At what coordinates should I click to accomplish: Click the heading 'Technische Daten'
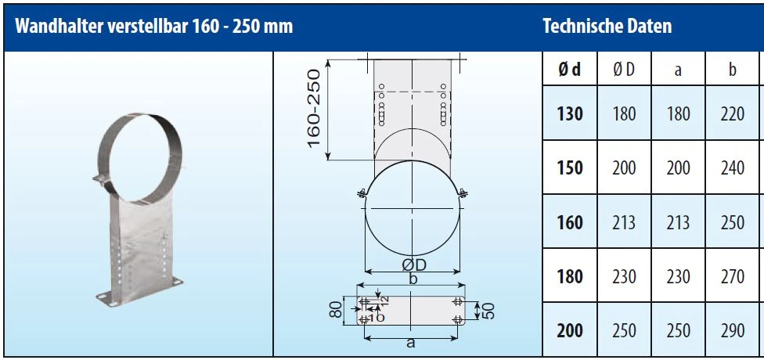607,26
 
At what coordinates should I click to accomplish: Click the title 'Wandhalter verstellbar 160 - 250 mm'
154,26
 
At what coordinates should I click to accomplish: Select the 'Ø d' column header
570,70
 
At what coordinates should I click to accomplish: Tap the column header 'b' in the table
733,70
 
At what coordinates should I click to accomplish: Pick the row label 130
570,113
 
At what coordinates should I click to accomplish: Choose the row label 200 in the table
570,331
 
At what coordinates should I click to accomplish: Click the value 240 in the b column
733,167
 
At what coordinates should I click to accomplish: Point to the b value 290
733,331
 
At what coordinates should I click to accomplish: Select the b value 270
733,276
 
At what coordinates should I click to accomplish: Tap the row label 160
570,222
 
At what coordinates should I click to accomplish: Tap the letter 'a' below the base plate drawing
410,342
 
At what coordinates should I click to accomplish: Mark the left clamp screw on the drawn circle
361,192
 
